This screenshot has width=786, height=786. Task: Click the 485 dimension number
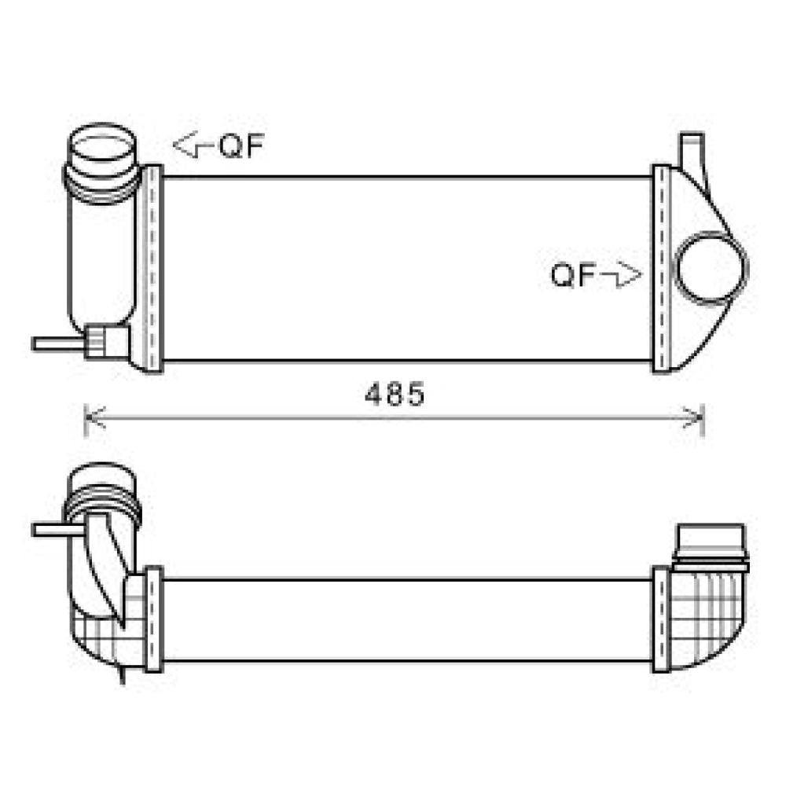click(x=394, y=395)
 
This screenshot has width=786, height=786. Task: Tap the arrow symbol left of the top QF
click(x=191, y=145)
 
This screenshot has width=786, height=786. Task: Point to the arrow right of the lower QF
click(x=622, y=275)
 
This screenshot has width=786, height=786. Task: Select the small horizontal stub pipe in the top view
click(x=57, y=343)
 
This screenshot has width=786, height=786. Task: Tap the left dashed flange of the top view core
click(x=153, y=267)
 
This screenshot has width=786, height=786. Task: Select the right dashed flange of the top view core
click(x=661, y=267)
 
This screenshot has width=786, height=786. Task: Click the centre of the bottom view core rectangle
click(x=407, y=620)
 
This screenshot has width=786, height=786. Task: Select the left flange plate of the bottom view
click(x=153, y=619)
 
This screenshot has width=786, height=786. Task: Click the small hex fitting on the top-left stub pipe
click(x=97, y=342)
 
